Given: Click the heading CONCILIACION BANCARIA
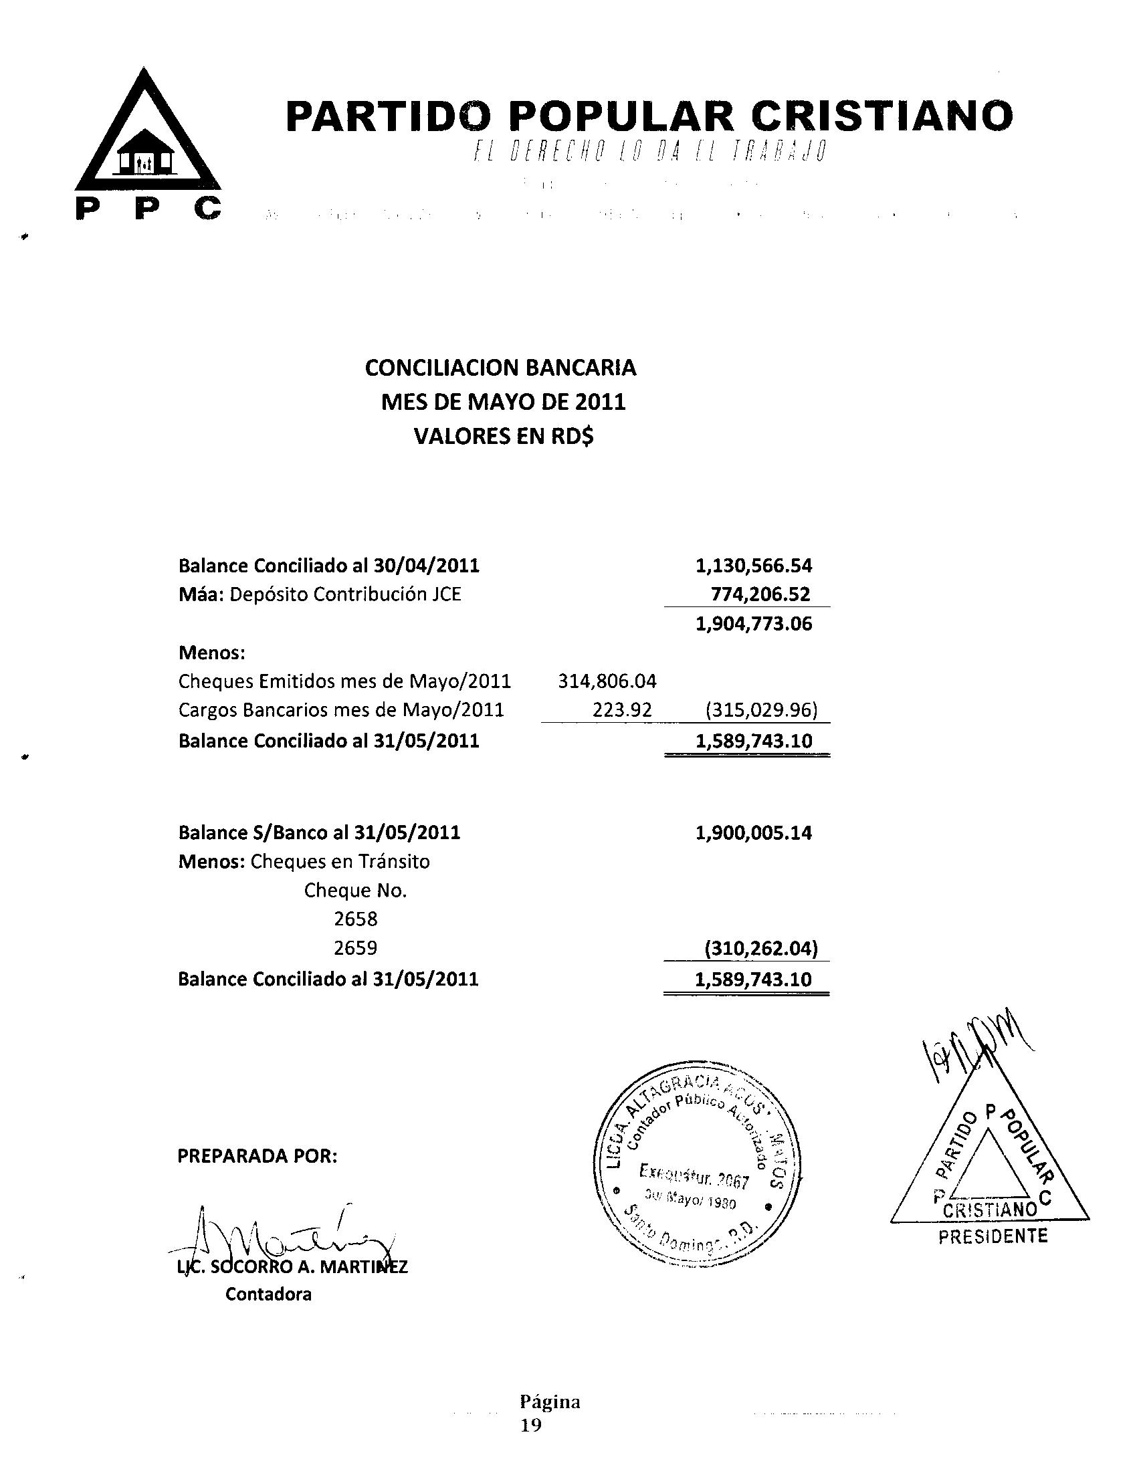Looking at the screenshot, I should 500,368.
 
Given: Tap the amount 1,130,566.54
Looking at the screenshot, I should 753,565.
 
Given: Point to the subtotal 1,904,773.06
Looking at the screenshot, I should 753,624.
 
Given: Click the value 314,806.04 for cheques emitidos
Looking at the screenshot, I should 607,681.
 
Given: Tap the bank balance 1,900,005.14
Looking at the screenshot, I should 753,833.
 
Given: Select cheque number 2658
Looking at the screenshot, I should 355,919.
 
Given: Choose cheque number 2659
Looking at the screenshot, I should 355,948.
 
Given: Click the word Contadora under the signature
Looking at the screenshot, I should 268,1294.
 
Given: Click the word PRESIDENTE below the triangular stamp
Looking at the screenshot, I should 993,1236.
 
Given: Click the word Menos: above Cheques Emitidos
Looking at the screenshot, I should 211,653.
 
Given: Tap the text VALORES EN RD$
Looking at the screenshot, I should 503,437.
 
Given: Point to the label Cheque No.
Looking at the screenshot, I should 355,891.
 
